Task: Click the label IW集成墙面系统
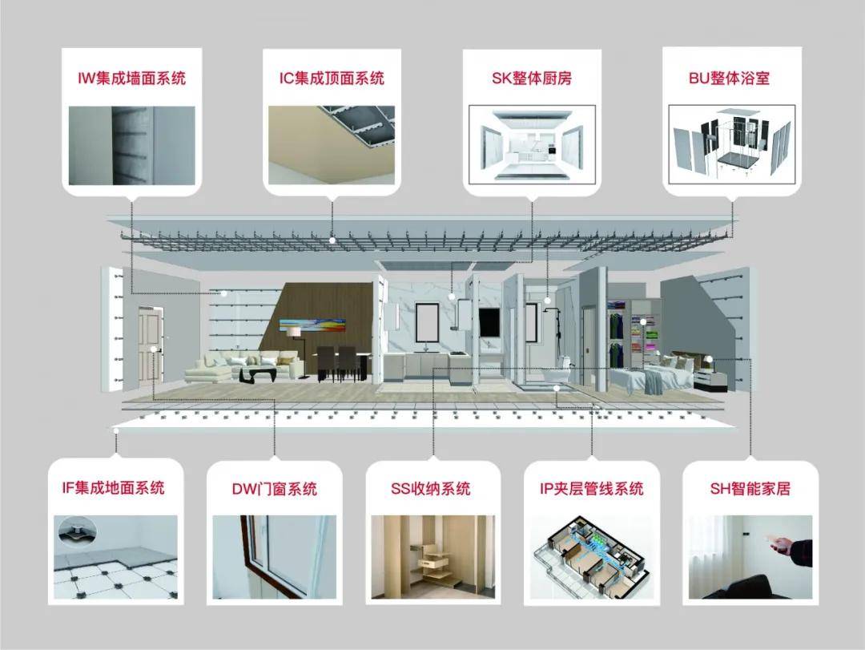[x=131, y=79]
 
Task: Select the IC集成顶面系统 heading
[x=332, y=79]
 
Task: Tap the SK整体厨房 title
[x=532, y=79]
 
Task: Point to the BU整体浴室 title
[x=730, y=79]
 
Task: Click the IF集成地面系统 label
[x=114, y=487]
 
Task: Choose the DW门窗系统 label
[x=274, y=488]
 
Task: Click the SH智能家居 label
[x=750, y=488]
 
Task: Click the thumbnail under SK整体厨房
[x=532, y=143]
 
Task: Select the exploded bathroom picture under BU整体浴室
[x=730, y=143]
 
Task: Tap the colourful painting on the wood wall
[x=313, y=324]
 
